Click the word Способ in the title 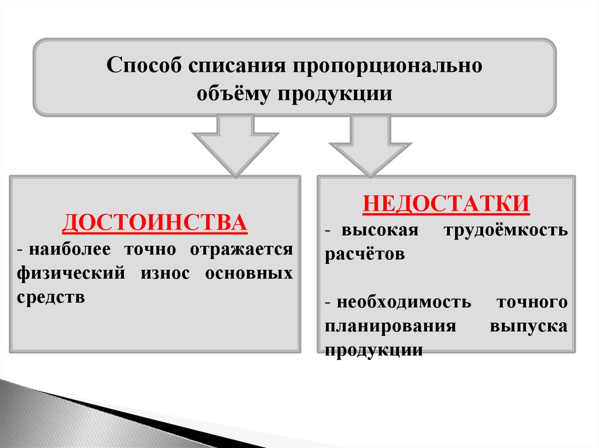point(143,65)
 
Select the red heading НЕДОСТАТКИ point(446,203)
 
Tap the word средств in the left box point(51,297)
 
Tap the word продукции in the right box point(373,350)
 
